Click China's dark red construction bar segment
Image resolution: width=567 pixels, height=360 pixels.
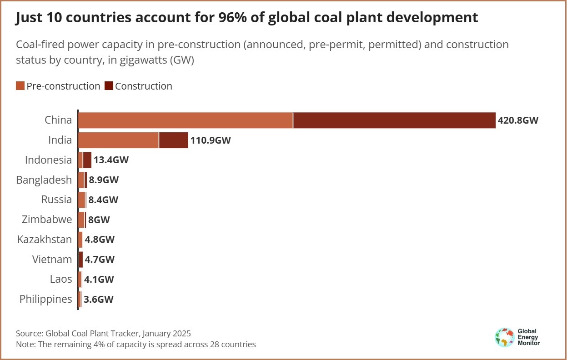click(x=394, y=120)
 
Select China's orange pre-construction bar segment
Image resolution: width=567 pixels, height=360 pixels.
click(x=186, y=120)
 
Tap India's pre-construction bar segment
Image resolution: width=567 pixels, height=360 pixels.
click(x=118, y=140)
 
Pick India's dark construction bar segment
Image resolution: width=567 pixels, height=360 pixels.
click(x=173, y=140)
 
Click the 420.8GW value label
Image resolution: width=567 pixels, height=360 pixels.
click(x=518, y=120)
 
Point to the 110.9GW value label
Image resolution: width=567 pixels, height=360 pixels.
click(x=211, y=140)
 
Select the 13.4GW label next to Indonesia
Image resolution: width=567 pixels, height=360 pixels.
click(x=111, y=160)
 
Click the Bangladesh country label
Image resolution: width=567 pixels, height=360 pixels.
click(x=44, y=180)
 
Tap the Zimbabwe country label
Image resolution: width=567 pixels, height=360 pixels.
click(x=47, y=220)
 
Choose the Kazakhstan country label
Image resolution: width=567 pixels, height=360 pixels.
click(x=45, y=240)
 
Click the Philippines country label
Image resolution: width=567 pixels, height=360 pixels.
click(x=46, y=299)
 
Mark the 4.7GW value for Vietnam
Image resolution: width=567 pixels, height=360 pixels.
click(x=100, y=260)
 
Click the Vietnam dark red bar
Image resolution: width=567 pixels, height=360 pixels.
click(x=81, y=260)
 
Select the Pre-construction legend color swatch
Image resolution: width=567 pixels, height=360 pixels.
click(x=20, y=86)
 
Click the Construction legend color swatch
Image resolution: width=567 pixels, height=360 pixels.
click(x=109, y=86)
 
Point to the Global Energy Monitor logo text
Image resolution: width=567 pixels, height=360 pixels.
click(x=528, y=337)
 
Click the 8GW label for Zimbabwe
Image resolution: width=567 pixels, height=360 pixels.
click(x=99, y=220)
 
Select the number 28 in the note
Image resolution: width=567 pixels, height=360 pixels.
click(x=215, y=344)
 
